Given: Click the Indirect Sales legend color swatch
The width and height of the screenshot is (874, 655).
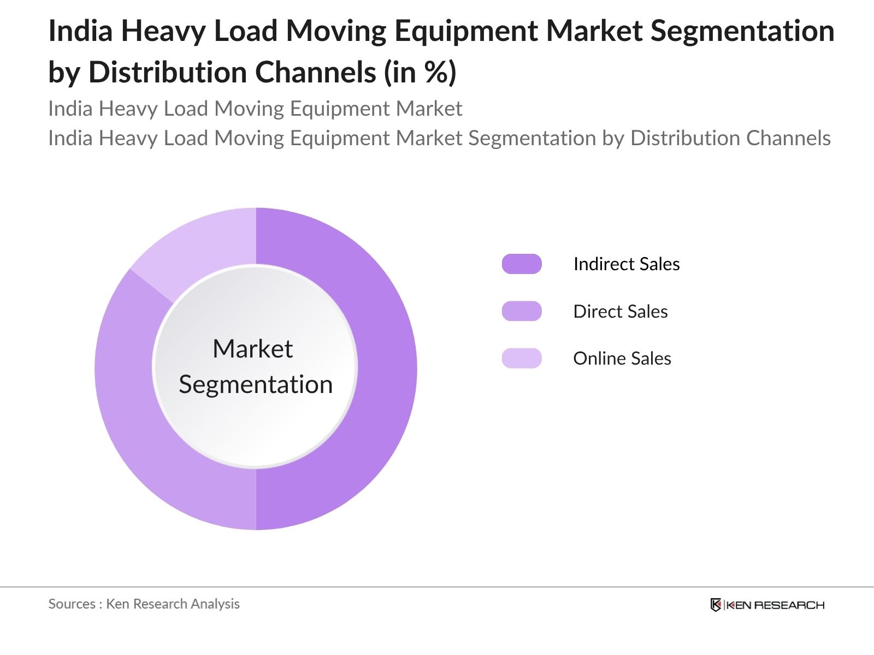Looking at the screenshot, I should click(x=522, y=264).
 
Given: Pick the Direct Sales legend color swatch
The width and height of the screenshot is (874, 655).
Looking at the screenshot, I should click(x=522, y=311).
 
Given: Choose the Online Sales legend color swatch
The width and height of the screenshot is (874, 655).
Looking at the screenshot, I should click(x=522, y=359).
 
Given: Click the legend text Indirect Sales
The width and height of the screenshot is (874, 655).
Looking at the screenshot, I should click(x=627, y=264).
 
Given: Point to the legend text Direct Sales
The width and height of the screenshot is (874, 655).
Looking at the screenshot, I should click(x=621, y=311).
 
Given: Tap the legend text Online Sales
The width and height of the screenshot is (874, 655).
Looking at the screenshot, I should click(x=622, y=359).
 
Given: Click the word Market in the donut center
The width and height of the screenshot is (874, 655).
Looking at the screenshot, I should click(x=252, y=349).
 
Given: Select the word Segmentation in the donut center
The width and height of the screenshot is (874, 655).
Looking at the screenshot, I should click(x=256, y=385).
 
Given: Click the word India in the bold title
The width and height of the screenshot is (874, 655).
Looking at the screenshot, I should click(x=81, y=31).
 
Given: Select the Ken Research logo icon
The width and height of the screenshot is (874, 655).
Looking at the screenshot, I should click(x=716, y=605).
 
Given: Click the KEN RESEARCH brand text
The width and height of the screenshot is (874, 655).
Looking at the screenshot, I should click(x=775, y=605).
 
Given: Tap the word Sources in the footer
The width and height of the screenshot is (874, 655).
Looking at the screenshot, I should click(x=72, y=604).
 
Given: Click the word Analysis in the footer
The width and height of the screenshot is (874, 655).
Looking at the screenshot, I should click(x=215, y=604).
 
